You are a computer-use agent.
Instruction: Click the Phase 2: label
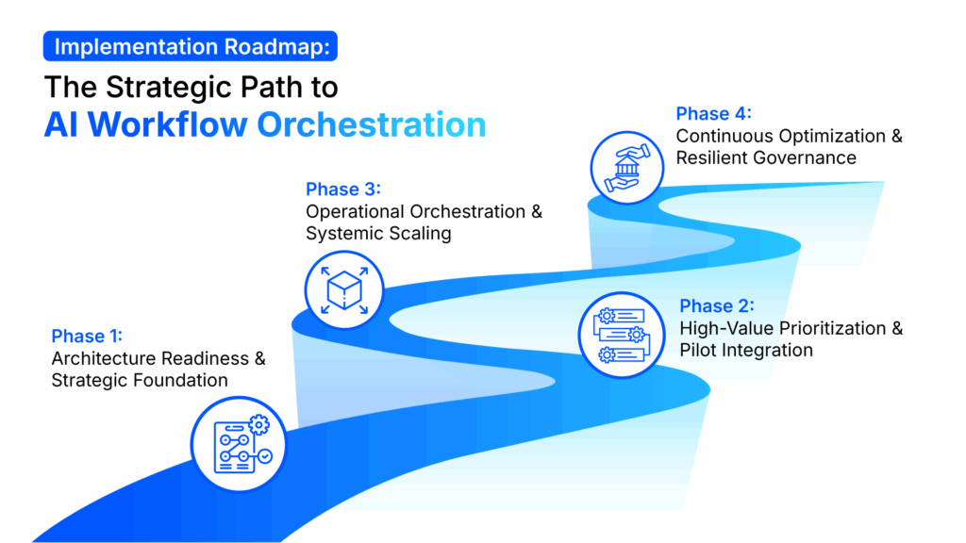click(717, 306)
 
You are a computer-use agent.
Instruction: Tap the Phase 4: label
click(713, 114)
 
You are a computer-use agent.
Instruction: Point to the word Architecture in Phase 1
click(105, 359)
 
